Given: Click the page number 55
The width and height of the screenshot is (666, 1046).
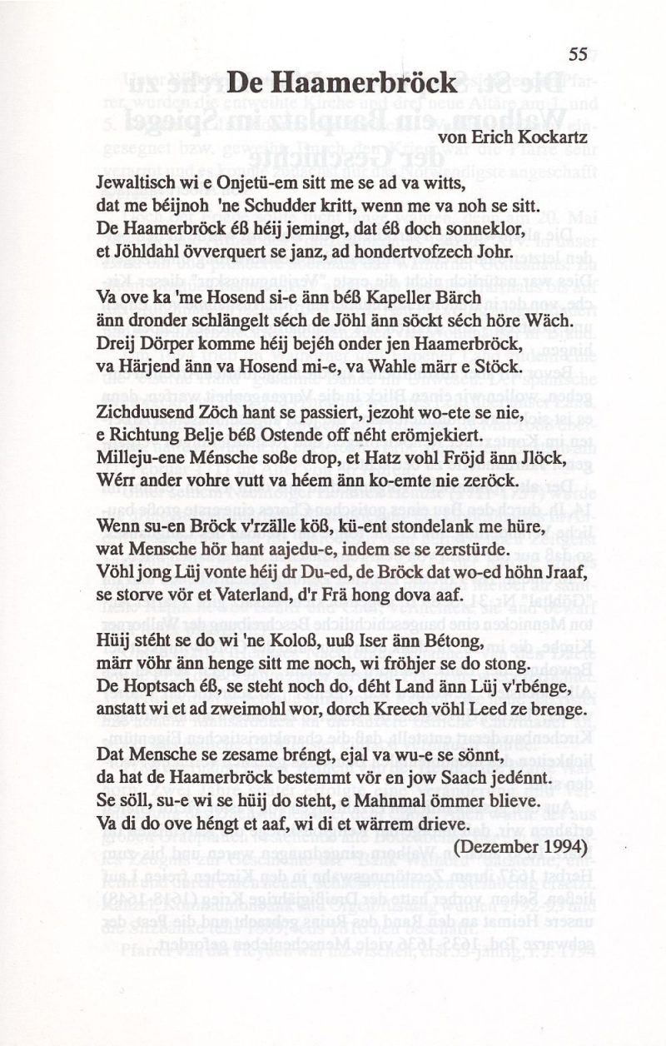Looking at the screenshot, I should click(579, 54).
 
